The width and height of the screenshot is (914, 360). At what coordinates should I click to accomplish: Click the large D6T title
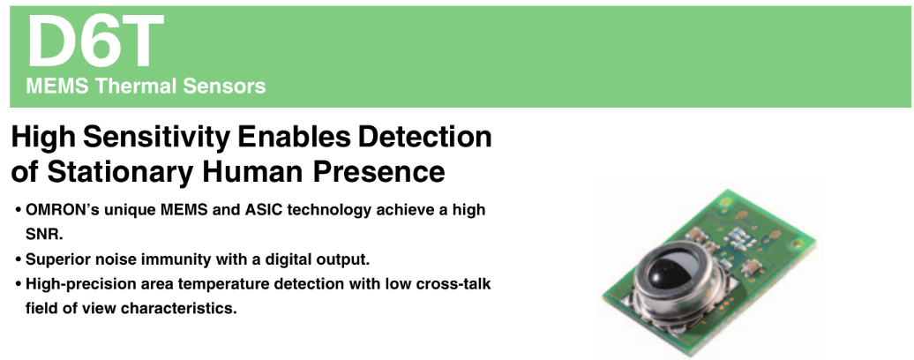(x=95, y=41)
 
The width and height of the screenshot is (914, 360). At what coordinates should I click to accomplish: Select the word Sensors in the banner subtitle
(x=224, y=86)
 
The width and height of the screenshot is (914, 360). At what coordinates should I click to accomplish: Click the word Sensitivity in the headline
(x=156, y=138)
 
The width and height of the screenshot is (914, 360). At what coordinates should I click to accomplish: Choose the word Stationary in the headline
(x=120, y=172)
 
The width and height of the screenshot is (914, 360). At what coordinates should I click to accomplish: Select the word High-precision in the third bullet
(x=76, y=285)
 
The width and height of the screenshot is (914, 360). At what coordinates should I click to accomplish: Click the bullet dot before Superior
(x=19, y=259)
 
